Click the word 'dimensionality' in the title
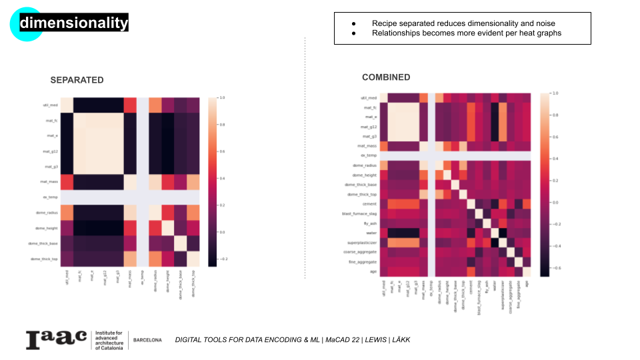73,23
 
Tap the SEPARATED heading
77,80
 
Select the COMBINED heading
386,77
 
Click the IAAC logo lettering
56,339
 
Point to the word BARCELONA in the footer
147,340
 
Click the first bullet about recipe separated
463,23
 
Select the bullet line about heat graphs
467,33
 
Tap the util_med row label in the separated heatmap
51,105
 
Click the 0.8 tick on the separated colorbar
222,125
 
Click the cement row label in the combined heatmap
369,203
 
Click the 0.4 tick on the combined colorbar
555,159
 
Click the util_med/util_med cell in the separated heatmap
67,105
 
